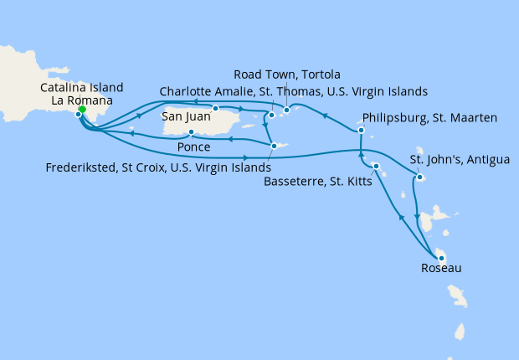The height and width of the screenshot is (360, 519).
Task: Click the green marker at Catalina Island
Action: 82,109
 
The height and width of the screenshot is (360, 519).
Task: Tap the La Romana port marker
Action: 79,115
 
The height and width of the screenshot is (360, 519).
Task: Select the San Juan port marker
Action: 215,108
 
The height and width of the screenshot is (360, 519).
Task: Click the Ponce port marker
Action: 192,132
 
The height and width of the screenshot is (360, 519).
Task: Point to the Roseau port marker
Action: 439,257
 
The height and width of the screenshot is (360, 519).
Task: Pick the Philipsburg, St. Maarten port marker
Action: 361,131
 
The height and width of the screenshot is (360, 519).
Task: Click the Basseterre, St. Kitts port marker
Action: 376,167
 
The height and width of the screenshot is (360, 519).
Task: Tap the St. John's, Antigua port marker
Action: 418,177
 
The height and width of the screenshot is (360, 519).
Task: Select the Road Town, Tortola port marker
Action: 286,110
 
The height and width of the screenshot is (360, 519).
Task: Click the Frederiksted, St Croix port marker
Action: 274,147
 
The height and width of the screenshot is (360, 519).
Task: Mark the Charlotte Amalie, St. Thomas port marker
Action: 271,115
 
